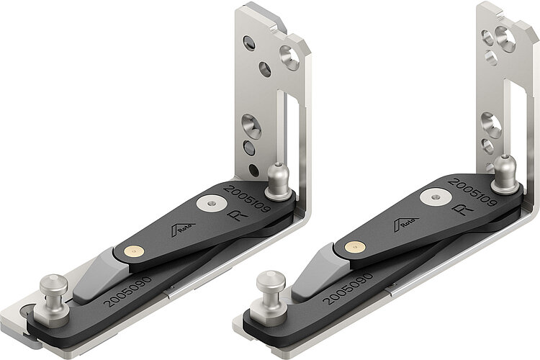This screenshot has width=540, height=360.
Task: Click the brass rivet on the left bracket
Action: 132,251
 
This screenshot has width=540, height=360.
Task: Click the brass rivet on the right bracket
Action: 354,247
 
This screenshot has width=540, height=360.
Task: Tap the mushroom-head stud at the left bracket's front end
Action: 53,288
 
